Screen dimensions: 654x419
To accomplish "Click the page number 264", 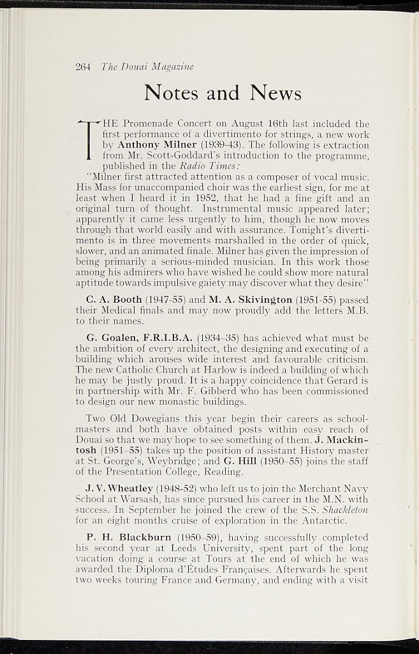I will (x=83, y=66).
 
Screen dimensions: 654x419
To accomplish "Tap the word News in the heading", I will (x=276, y=93).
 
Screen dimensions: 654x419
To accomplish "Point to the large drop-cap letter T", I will (x=90, y=140).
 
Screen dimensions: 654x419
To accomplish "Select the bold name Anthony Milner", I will (x=157, y=144).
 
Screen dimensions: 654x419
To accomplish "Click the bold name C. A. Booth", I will (x=114, y=300).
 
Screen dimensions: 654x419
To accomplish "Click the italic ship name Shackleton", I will (x=345, y=510).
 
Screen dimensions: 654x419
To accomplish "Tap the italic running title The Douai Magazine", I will (x=147, y=66).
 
